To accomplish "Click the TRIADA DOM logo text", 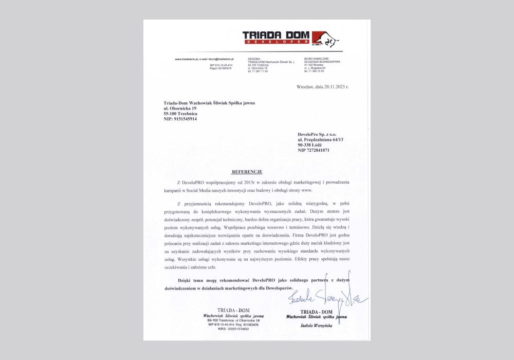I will pyautogui.click(x=276, y=35).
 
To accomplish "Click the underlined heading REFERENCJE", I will pyautogui.click(x=247, y=170).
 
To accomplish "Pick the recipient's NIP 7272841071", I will pyautogui.click(x=314, y=150).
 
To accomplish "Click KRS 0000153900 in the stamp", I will pyautogui.click(x=233, y=330).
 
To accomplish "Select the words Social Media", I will pyautogui.click(x=197, y=190).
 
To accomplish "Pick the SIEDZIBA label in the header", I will pyautogui.click(x=254, y=59).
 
